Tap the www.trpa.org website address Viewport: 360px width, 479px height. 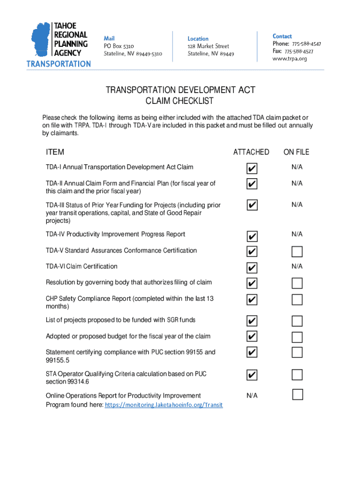(290, 58)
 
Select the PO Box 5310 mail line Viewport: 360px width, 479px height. (119, 46)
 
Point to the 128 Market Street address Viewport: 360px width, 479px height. (209, 46)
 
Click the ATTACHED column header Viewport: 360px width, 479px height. (251, 152)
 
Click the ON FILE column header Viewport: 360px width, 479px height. (296, 152)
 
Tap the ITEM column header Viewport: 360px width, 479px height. (55, 152)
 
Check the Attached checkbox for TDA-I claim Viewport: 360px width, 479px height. (252, 168)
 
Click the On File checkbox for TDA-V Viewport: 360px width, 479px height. (297, 252)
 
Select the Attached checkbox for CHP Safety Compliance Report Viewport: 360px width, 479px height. (252, 299)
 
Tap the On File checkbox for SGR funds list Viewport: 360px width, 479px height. (297, 321)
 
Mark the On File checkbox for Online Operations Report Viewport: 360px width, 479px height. (297, 394)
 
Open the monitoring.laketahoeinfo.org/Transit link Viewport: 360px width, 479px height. (164, 405)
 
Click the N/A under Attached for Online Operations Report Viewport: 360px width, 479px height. (252, 396)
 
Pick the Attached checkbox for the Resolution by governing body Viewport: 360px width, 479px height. (252, 283)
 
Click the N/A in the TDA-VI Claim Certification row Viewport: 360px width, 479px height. (297, 266)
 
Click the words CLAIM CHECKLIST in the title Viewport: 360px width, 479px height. (180, 101)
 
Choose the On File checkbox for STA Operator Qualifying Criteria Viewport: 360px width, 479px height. (297, 374)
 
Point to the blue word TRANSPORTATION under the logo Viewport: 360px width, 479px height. (58, 64)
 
